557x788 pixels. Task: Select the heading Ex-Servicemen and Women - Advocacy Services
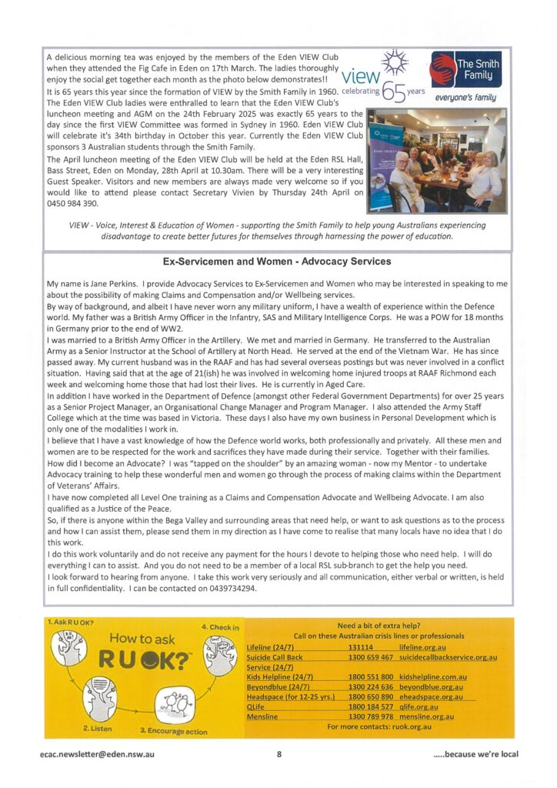coord(278,262)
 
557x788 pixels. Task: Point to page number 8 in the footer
coord(278,754)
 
